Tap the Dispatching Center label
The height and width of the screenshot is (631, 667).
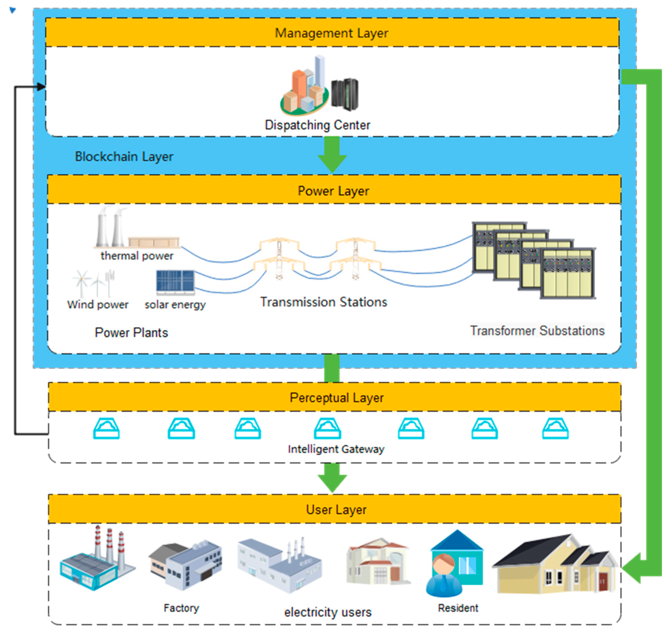tap(317, 125)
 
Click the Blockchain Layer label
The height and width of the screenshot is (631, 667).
tap(124, 157)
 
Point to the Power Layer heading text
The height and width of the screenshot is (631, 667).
tap(333, 191)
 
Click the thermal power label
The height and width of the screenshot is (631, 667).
tap(137, 256)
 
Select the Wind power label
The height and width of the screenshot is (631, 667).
tap(98, 305)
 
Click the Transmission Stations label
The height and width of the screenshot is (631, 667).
tap(323, 302)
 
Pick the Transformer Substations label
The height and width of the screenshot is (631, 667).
tap(537, 331)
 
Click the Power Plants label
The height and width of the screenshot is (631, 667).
tap(131, 333)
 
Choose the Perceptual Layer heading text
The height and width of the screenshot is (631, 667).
tap(336, 398)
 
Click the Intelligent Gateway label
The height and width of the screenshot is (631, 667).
tap(336, 449)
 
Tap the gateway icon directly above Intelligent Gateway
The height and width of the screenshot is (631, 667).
tap(327, 428)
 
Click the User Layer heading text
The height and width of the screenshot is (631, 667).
tap(336, 510)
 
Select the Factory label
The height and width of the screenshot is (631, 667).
tap(181, 608)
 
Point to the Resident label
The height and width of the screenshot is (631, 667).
tap(458, 608)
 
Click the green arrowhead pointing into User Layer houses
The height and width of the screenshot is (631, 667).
tap(631, 568)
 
